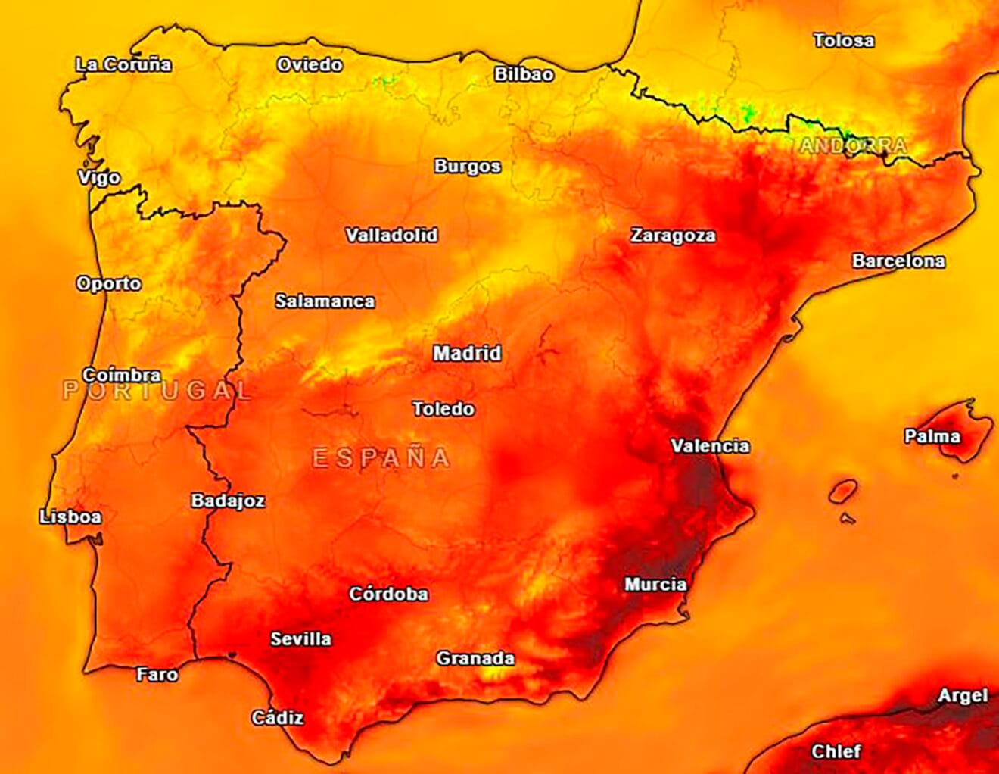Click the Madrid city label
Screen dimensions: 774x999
pos(467,353)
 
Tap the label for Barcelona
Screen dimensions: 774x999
pos(898,261)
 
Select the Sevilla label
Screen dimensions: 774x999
pos(300,639)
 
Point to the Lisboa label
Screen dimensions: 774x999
pos(70,517)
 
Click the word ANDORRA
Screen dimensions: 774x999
pos(853,145)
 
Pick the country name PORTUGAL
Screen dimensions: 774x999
pos(157,391)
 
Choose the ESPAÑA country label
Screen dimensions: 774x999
pos(381,457)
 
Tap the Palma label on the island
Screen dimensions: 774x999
pos(932,436)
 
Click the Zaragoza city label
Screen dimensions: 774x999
pos(673,236)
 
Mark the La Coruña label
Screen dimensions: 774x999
pos(123,65)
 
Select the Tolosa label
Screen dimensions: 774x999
pos(843,41)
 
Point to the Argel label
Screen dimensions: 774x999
pos(963,695)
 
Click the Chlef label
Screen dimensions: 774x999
pos(836,751)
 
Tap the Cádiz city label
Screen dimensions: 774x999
pos(278,717)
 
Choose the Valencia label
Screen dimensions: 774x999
pos(710,446)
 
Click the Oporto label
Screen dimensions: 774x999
pos(109,283)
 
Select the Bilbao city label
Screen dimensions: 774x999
pos(524,74)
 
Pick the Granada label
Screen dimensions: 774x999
pos(475,659)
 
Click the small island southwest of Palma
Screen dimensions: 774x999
pos(842,492)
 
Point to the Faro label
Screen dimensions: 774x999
pos(157,674)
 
